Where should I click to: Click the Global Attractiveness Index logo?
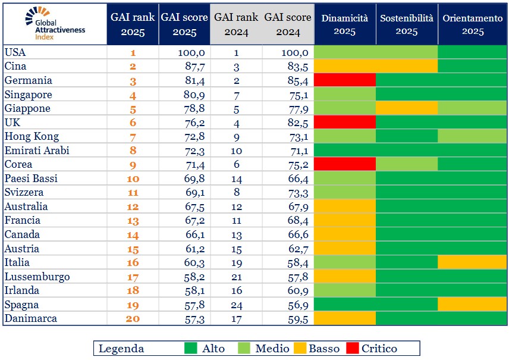[x=55, y=24]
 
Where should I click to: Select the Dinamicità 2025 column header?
[x=345, y=24]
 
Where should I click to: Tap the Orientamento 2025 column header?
[x=472, y=24]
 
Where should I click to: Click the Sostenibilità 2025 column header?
[x=407, y=24]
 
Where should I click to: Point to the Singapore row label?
[x=28, y=95]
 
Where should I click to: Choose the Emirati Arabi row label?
[x=37, y=151]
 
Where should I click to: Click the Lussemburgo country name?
[x=37, y=277]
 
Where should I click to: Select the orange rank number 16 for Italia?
[x=133, y=262]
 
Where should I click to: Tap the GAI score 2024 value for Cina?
[x=294, y=67]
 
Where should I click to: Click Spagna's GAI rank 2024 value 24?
[x=236, y=305]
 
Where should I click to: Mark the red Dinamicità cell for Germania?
[x=345, y=80]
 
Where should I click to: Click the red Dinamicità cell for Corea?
[x=345, y=164]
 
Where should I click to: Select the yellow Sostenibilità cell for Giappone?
[x=407, y=108]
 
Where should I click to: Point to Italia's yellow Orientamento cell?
[x=472, y=262]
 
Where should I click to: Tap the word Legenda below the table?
[x=121, y=348]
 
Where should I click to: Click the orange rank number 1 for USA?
[x=133, y=52]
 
